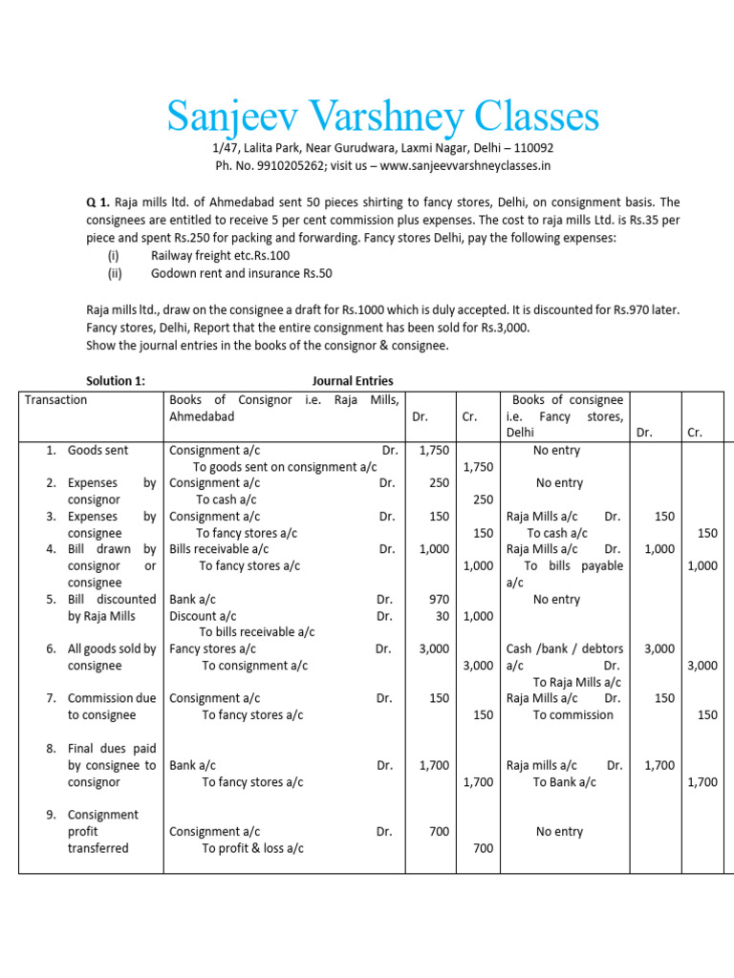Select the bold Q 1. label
click(x=98, y=202)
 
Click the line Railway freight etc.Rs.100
click(x=220, y=256)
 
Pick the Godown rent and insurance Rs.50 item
click(x=242, y=273)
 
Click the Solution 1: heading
click(x=116, y=380)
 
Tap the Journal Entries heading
click(x=353, y=380)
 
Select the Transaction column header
click(x=56, y=400)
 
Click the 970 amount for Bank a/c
click(x=438, y=600)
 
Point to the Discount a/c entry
click(x=203, y=616)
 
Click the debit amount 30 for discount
click(x=442, y=616)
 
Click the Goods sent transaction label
click(x=97, y=450)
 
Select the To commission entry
click(x=572, y=714)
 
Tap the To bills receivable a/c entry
click(x=256, y=632)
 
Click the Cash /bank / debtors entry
click(x=565, y=648)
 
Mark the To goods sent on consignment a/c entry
click(x=284, y=467)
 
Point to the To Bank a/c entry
click(x=564, y=781)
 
